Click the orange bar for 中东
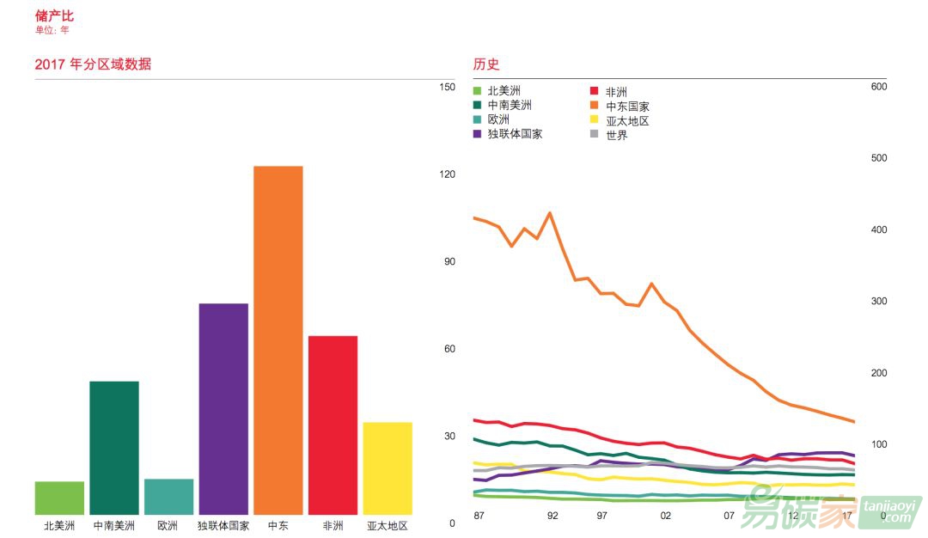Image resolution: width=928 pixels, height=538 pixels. tap(278, 340)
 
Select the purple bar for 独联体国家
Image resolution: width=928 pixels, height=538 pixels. tap(223, 409)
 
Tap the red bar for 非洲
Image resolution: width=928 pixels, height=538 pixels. tap(333, 425)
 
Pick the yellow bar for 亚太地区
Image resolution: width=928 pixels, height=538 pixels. tap(388, 468)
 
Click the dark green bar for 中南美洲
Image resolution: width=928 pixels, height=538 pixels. tap(114, 448)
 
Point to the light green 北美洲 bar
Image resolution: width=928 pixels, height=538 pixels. tap(59, 498)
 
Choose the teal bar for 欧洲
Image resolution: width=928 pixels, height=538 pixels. tap(168, 497)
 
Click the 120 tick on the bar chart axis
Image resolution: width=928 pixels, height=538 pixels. tap(447, 174)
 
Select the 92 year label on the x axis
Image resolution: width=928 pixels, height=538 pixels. tap(553, 516)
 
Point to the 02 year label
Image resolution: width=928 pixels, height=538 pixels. tap(665, 516)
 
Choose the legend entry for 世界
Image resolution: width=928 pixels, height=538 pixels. tap(616, 135)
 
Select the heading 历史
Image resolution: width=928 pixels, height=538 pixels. tap(486, 64)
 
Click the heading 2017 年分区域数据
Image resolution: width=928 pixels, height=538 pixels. tap(93, 64)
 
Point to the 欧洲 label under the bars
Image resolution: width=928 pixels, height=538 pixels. tap(168, 526)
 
